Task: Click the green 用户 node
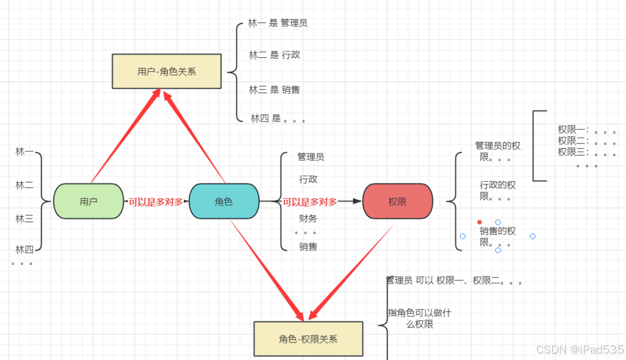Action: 88,201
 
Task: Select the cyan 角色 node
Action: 224,201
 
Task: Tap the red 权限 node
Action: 398,201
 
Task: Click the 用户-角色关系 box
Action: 166,71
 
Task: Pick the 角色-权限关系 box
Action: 308,339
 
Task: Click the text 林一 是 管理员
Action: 278,23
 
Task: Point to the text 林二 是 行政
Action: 275,55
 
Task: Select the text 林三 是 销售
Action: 275,90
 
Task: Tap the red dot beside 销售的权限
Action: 479,222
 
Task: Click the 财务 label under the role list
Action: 308,218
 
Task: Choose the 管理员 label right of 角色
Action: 310,157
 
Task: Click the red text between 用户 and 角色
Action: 156,202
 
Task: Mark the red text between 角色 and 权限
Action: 310,202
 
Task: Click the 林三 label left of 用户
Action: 25,219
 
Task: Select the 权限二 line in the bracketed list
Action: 586,141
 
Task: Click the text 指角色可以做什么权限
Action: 420,318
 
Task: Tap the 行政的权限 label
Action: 497,190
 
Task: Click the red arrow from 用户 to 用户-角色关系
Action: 125,136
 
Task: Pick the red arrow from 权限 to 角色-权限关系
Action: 352,272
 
